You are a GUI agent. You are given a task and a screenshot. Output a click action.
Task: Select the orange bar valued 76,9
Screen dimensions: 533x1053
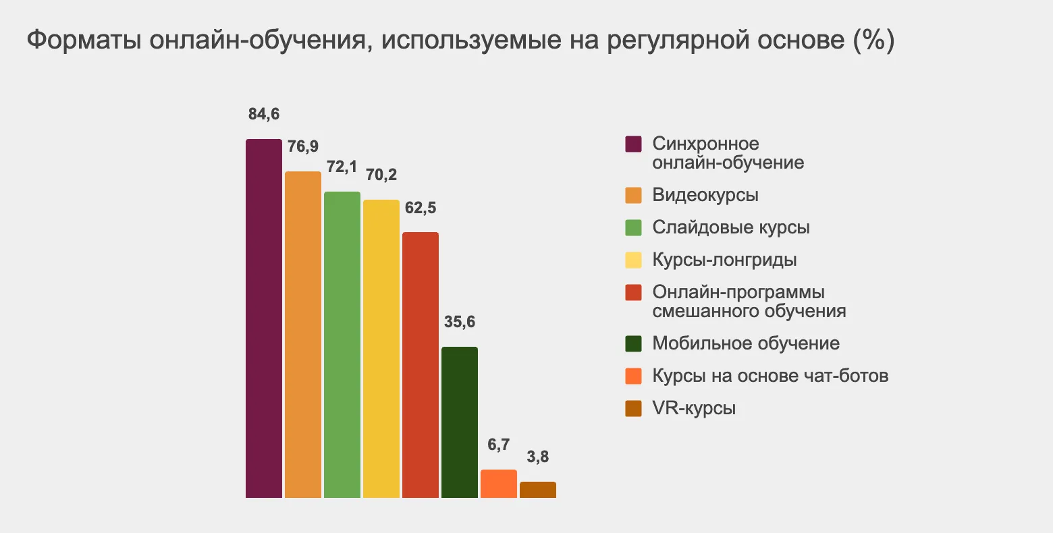click(302, 335)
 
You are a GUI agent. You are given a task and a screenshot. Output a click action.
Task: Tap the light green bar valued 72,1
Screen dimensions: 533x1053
click(342, 345)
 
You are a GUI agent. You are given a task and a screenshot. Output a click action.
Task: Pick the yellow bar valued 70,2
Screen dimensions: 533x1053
click(381, 349)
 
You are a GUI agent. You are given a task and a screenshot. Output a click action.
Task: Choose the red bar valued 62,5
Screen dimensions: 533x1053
click(420, 365)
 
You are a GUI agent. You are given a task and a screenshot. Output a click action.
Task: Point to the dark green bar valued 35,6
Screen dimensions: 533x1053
click(459, 422)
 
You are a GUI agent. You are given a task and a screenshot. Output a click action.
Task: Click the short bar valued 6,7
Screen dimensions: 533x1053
click(498, 484)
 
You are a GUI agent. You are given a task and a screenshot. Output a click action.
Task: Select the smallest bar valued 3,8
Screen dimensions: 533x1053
click(537, 490)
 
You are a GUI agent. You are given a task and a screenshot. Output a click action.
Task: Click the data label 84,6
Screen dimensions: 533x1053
click(263, 114)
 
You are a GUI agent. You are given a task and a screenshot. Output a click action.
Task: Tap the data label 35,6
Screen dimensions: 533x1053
click(459, 322)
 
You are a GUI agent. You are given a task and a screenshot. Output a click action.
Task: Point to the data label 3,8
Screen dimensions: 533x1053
click(537, 457)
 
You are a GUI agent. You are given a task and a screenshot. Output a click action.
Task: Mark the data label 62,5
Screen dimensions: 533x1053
click(420, 207)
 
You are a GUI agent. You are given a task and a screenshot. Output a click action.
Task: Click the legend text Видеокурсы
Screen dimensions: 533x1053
click(705, 195)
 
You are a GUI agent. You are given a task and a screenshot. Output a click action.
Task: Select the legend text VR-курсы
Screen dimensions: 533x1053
click(694, 408)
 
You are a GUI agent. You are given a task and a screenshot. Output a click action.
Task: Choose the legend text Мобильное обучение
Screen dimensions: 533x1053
click(746, 343)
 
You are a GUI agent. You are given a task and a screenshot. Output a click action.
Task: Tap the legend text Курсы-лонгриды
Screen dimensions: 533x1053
click(724, 260)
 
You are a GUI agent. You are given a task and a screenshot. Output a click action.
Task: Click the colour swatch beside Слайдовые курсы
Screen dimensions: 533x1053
click(633, 228)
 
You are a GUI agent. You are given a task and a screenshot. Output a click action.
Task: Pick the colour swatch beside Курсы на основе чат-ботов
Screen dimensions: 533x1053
click(633, 376)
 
